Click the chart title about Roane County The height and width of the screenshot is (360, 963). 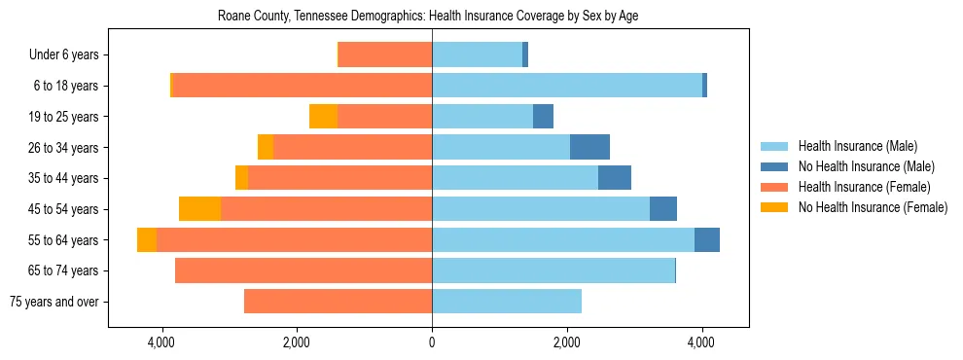428,17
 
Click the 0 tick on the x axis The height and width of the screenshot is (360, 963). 432,342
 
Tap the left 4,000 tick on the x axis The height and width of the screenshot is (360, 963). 161,342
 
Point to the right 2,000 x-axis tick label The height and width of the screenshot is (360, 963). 567,342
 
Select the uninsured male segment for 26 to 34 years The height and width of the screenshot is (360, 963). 589,147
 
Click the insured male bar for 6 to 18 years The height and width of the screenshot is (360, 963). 567,86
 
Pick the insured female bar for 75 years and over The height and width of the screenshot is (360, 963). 338,302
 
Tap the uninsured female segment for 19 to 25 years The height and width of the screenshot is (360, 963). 323,117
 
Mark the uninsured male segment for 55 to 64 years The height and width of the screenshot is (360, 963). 707,240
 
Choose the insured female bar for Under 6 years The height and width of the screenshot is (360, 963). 385,55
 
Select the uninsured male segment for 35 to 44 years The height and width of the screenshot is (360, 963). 615,178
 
